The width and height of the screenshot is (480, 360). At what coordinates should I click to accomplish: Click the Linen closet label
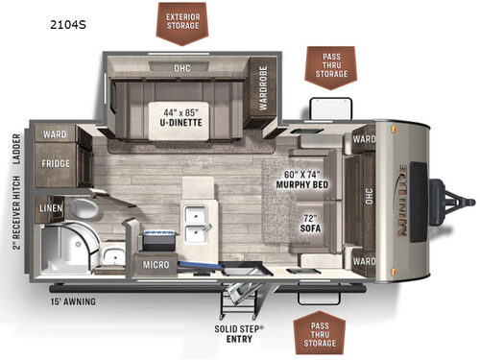(x=51, y=206)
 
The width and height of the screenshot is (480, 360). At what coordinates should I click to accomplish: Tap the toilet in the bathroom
(x=84, y=207)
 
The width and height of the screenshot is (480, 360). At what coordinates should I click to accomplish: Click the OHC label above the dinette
(x=181, y=68)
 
